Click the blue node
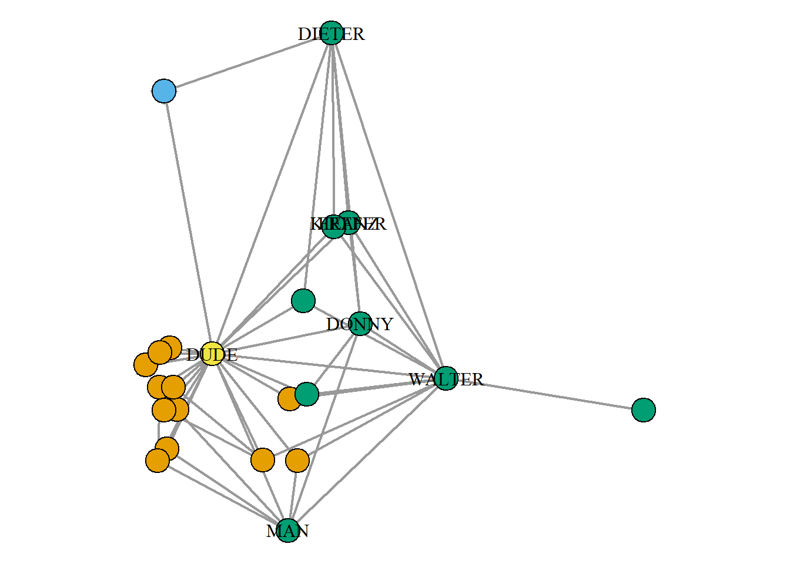coord(164,91)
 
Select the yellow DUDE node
coord(212,354)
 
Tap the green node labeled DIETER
coord(332,33)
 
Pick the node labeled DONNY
coord(360,324)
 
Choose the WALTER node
coord(446,378)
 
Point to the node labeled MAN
coord(288,531)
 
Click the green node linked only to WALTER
coord(644,409)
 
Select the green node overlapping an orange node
coord(307,394)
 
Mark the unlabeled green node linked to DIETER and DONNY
coord(303,300)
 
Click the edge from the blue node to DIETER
coord(247,62)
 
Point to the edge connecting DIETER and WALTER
coord(389,206)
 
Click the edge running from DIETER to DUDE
coord(272,193)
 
